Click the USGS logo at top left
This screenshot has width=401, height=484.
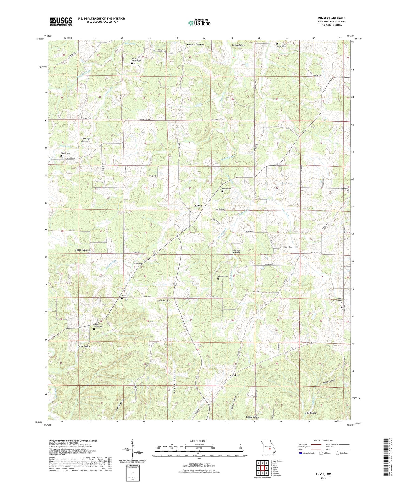61,21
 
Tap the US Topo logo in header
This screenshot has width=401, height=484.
199,23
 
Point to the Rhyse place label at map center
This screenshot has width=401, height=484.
198,205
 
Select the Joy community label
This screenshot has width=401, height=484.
236,375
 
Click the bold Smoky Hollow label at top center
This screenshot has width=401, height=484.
195,45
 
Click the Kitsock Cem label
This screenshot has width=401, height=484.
65,153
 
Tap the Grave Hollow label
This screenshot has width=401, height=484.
84,346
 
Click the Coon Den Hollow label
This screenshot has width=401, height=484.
85,140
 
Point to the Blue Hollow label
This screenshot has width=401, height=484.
311,413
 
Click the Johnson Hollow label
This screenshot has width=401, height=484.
236,251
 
